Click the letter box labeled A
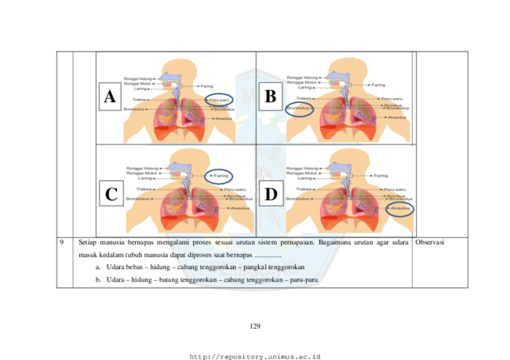[110, 96]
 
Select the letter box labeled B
[271, 96]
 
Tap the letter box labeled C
[111, 193]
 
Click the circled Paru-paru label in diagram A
[217, 100]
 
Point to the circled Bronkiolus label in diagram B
[298, 108]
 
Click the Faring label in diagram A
[207, 85]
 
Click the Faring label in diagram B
[378, 85]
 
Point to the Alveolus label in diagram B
[396, 118]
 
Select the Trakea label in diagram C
[144, 189]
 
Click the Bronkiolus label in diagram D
[298, 199]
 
